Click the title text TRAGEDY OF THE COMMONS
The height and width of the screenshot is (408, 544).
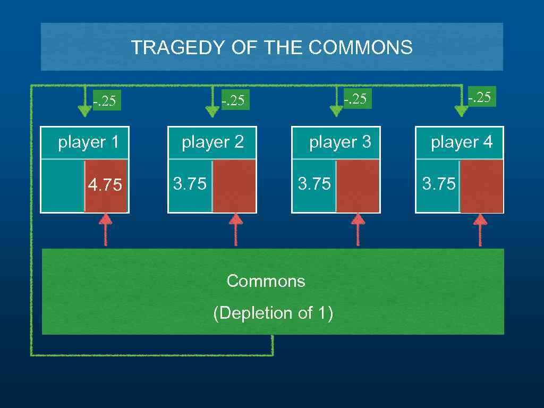click(x=271, y=48)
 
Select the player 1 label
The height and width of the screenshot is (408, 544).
click(x=88, y=142)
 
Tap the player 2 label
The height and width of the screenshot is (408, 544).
click(x=212, y=142)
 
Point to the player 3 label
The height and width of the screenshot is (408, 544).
click(x=340, y=142)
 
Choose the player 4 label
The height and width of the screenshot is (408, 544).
click(x=462, y=142)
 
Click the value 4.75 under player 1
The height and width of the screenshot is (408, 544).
click(x=105, y=185)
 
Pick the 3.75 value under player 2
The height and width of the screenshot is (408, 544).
click(x=190, y=184)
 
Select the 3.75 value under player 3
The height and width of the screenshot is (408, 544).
click(x=314, y=184)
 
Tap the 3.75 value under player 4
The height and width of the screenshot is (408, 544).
click(x=439, y=184)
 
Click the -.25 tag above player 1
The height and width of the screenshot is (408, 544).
click(x=104, y=100)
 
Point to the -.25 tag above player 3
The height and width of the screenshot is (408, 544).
click(x=355, y=99)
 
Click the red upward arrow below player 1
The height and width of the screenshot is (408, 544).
click(x=106, y=229)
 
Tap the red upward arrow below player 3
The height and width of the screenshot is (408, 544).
click(x=358, y=229)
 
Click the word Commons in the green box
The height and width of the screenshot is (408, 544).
click(x=266, y=281)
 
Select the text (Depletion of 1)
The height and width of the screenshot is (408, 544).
click(x=273, y=313)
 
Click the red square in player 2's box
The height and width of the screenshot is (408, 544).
click(x=234, y=186)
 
